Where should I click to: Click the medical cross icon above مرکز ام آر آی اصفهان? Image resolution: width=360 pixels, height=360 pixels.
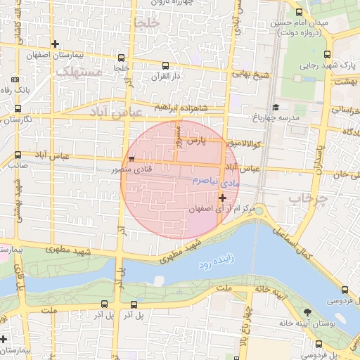coord(223,198)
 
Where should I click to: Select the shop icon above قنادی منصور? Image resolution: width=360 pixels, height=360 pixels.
coord(132,160)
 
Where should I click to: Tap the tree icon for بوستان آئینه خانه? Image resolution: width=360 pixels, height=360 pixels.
coord(307,312)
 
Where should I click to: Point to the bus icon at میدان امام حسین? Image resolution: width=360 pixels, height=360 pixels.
coord(300,12)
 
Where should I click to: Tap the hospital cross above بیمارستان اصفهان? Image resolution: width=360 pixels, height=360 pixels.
coord(56,44)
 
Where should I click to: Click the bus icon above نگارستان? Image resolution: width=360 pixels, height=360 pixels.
coord(18,108)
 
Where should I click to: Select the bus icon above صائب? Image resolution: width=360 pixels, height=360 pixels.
coord(18,156)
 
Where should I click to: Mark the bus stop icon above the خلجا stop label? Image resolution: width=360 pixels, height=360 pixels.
coord(122,58)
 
